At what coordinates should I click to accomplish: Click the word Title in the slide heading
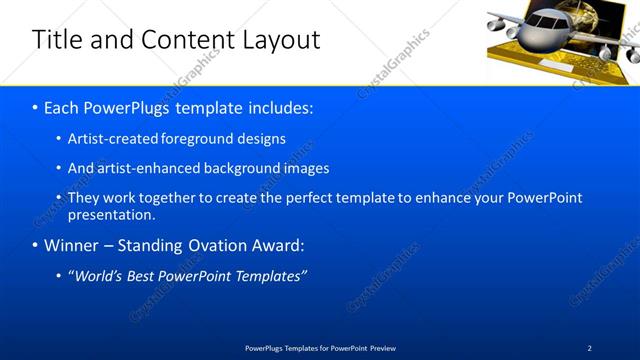coord(55,40)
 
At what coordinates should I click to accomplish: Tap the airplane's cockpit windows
coord(546,20)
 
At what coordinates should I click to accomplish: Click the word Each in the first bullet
coord(63,105)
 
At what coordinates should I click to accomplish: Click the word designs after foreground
coord(260,139)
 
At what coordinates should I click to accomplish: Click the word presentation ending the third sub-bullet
coord(110,214)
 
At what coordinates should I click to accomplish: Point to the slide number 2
coord(589,348)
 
